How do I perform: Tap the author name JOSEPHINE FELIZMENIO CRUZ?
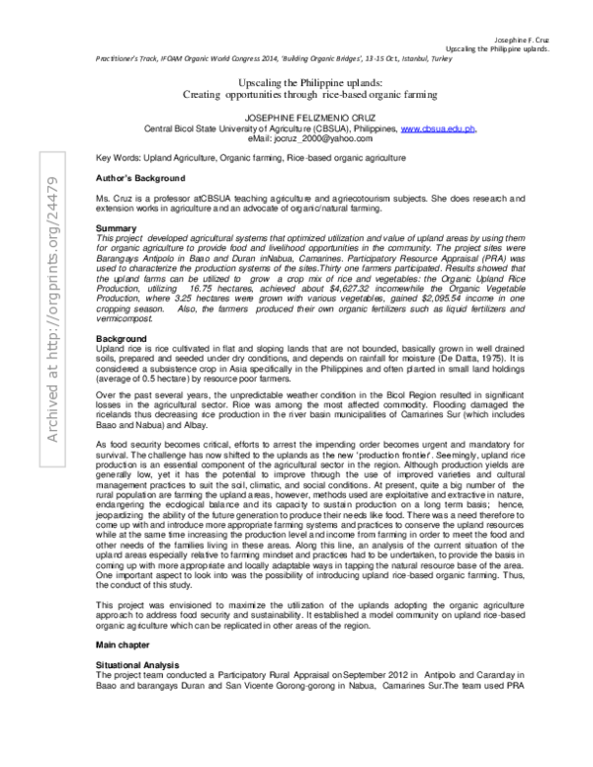pyautogui.click(x=298, y=118)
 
